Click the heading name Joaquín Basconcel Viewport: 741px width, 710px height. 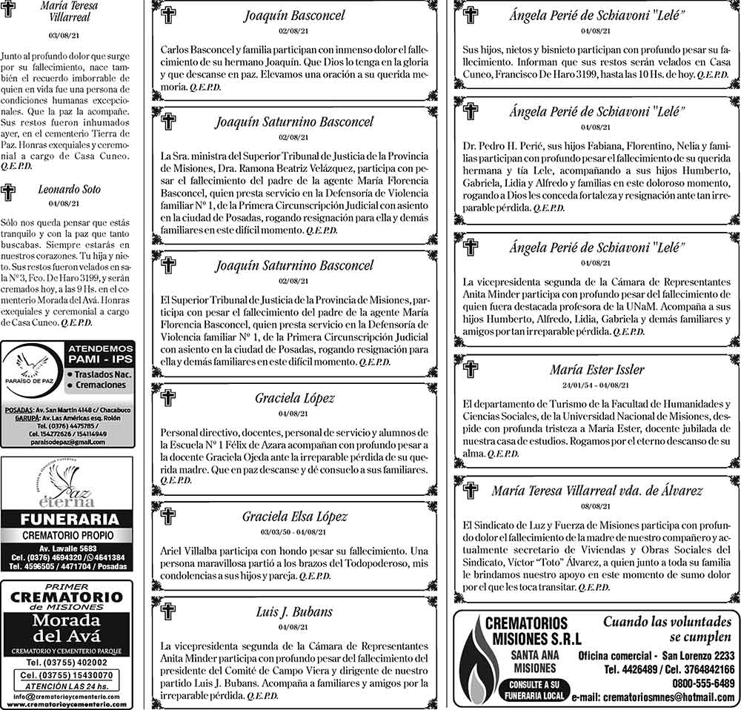293,16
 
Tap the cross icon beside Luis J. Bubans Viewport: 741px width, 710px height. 168,611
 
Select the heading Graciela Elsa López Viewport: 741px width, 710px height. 294,517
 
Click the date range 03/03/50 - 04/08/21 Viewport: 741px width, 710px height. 294,532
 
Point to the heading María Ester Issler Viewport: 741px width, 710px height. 597,369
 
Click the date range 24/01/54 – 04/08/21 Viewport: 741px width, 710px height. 596,385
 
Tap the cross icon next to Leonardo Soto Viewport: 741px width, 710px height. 9,193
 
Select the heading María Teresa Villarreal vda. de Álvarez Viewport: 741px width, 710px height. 597,491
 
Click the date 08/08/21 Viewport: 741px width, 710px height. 596,507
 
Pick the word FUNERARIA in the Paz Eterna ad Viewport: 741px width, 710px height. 67,519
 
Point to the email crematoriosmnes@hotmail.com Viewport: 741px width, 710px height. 652,698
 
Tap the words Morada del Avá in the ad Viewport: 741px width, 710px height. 67,628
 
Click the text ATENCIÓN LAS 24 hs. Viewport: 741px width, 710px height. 67,686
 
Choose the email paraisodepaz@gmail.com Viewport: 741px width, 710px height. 67,442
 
